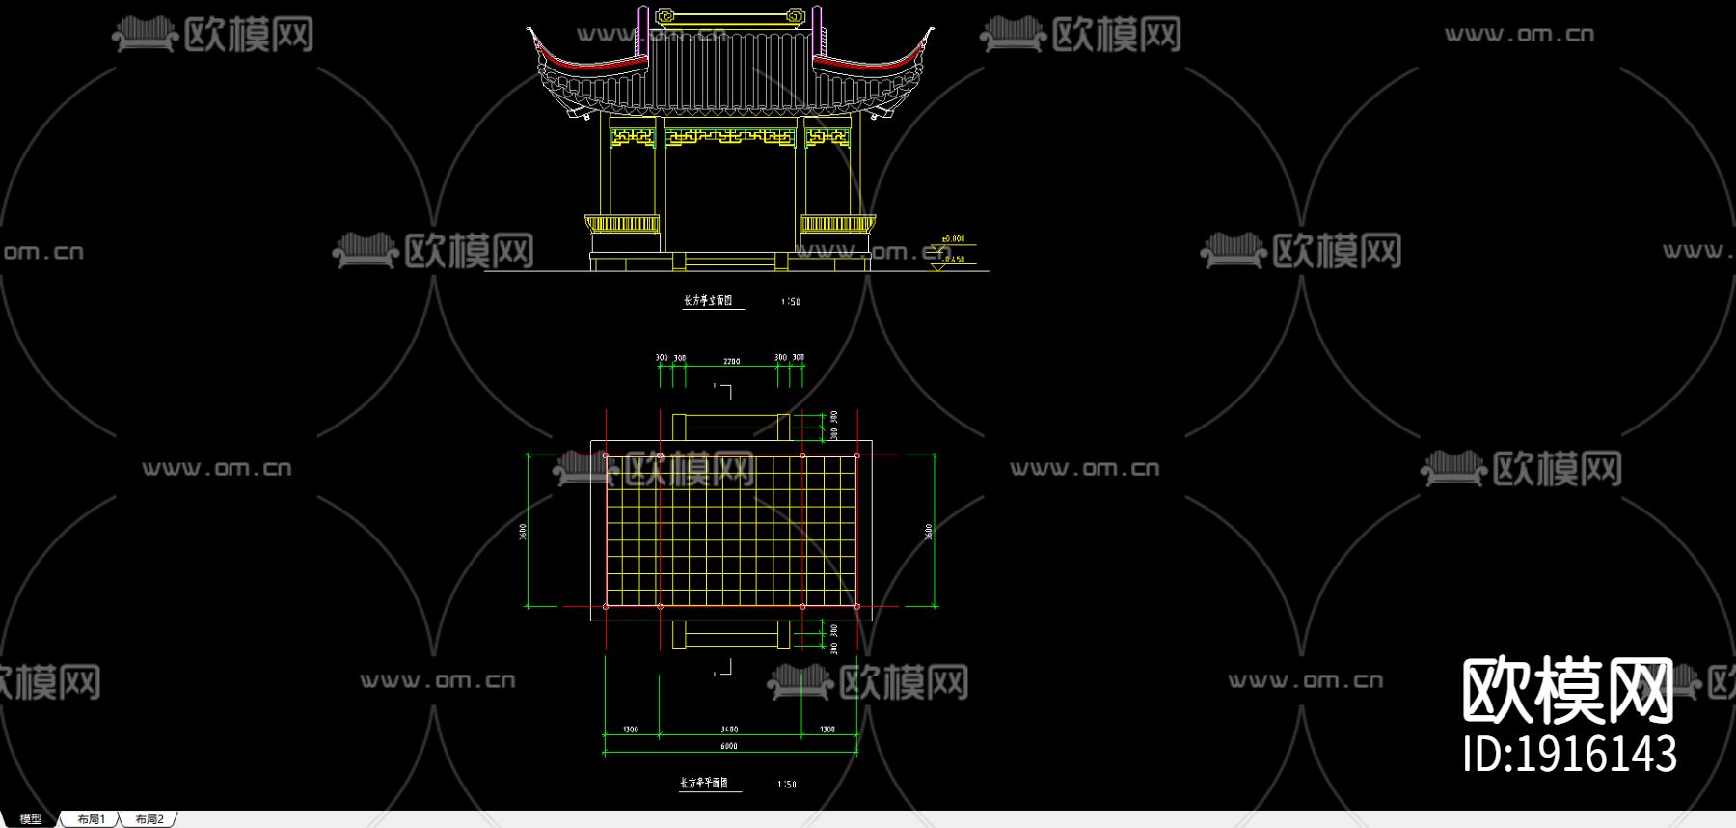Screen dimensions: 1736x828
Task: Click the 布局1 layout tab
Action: click(x=91, y=819)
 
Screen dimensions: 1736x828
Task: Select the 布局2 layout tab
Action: click(x=149, y=819)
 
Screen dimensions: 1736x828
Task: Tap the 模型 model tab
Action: click(x=31, y=819)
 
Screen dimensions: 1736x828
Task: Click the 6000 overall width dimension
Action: click(x=729, y=746)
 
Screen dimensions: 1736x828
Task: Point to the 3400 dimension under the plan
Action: click(x=729, y=730)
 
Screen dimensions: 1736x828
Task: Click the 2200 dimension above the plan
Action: click(x=732, y=362)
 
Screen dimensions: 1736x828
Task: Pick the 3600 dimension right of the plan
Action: click(x=929, y=532)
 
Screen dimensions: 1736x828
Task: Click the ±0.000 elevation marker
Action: click(x=953, y=238)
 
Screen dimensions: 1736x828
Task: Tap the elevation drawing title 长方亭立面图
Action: click(x=708, y=301)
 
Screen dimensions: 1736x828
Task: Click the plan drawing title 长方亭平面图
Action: click(x=704, y=783)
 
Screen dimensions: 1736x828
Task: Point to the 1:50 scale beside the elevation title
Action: click(x=791, y=302)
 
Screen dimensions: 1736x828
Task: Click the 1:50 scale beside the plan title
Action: click(x=787, y=785)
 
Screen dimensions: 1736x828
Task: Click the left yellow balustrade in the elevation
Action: click(x=623, y=225)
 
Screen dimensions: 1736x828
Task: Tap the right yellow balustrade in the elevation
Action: click(x=836, y=225)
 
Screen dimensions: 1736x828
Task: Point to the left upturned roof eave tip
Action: click(x=529, y=31)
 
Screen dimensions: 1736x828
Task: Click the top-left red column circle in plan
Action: click(x=606, y=455)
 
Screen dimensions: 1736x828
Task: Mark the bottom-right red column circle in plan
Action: click(x=857, y=606)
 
